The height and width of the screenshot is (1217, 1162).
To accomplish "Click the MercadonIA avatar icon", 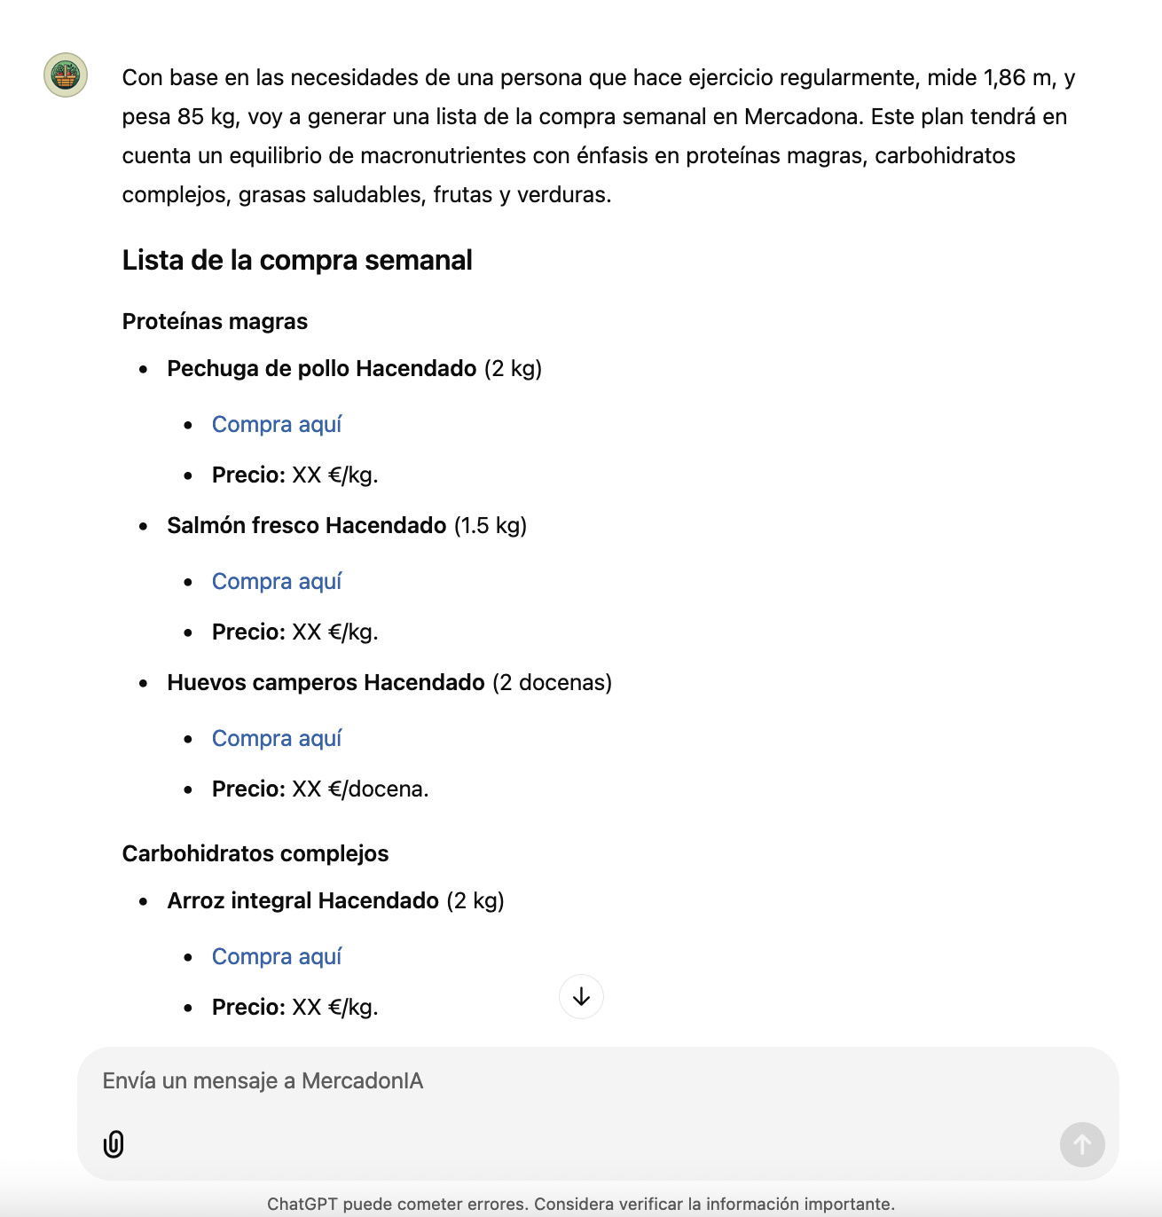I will (x=66, y=75).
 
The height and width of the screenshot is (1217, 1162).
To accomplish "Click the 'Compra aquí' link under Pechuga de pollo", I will (x=276, y=425).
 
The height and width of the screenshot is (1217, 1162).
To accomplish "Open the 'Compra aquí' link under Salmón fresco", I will (x=276, y=582).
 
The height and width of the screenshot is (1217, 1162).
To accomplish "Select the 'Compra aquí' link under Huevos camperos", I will (x=276, y=739).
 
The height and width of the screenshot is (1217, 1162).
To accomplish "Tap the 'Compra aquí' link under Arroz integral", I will (x=276, y=957).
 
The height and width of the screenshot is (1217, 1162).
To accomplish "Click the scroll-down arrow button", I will (x=581, y=997).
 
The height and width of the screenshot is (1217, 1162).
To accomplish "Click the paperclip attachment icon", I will (x=114, y=1144).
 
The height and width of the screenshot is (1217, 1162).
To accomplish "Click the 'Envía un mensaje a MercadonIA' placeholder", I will (x=263, y=1081).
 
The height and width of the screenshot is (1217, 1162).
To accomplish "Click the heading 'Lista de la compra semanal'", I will (x=297, y=260).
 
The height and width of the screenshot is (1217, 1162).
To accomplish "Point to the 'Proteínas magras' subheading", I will (x=215, y=322).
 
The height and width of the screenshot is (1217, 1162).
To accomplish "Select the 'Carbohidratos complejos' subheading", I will (x=255, y=854).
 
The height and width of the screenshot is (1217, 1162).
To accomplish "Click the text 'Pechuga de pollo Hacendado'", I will (x=321, y=369).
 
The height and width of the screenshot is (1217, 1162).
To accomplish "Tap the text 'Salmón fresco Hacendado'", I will (x=306, y=526).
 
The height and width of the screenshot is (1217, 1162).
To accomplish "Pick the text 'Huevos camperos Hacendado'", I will (x=326, y=683).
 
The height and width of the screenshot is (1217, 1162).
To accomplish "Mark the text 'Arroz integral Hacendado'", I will (x=302, y=901).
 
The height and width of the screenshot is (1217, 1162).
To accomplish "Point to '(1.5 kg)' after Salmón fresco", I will (x=491, y=526).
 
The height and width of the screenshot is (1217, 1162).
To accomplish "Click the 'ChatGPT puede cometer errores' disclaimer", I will (x=581, y=1204).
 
